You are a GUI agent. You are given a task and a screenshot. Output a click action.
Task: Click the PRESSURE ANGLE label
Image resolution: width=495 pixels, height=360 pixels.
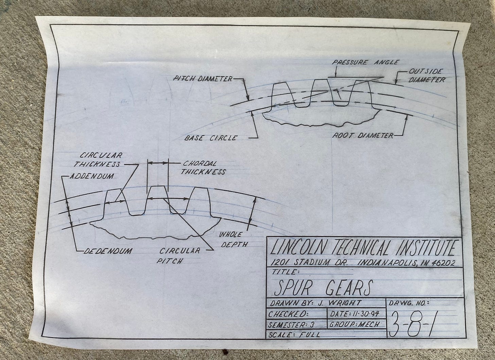[x=365, y=62]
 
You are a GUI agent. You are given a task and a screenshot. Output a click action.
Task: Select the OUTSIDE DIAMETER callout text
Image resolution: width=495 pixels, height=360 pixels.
[x=426, y=76]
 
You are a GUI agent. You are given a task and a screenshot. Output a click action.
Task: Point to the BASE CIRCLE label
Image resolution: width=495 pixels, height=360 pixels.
[x=210, y=138]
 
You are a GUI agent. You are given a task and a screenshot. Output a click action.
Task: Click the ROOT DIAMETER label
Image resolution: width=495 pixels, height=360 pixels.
[x=362, y=136]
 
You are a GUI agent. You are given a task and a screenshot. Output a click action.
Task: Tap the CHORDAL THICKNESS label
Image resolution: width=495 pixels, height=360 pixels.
[x=203, y=167]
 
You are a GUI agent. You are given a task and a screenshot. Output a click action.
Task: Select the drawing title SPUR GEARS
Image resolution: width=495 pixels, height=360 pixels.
[x=323, y=288]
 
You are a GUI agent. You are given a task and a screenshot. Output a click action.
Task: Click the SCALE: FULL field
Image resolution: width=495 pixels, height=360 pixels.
[x=294, y=334]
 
